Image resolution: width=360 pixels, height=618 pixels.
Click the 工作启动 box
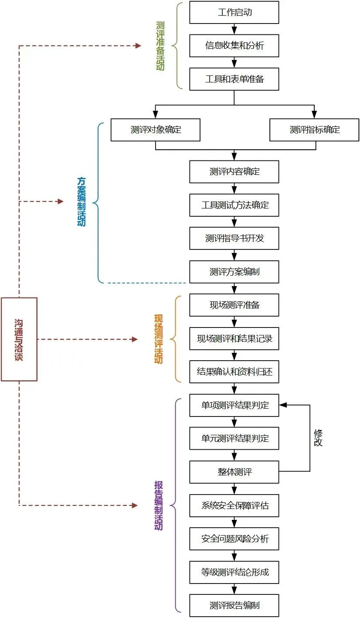coord(234,12)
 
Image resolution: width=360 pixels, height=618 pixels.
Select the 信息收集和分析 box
coord(234,46)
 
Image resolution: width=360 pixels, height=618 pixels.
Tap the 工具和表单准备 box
coord(234,79)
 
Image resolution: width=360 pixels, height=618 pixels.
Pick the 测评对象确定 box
coord(156,130)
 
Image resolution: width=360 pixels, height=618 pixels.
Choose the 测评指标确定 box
coord(314,130)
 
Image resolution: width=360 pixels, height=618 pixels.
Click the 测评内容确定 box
coord(234,171)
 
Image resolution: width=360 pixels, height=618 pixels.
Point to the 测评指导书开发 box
coord(234,239)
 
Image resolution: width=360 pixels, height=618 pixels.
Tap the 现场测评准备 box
coord(234,305)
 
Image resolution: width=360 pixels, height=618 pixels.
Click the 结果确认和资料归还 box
coord(234,372)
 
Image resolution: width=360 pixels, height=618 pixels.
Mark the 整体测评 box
coord(234,472)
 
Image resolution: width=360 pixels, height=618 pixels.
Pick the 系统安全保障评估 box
coord(234,506)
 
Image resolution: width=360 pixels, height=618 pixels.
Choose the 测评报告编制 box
coord(234,605)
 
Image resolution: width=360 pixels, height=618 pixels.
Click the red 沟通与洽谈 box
coord(19,339)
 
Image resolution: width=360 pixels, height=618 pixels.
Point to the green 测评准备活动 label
coord(160,46)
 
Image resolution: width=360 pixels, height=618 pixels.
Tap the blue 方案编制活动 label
coord(82,201)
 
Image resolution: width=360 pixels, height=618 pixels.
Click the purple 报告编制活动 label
coord(158,505)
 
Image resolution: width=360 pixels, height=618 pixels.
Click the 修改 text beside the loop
coord(318,438)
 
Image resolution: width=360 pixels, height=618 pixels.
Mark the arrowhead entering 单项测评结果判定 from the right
coord(283,405)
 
